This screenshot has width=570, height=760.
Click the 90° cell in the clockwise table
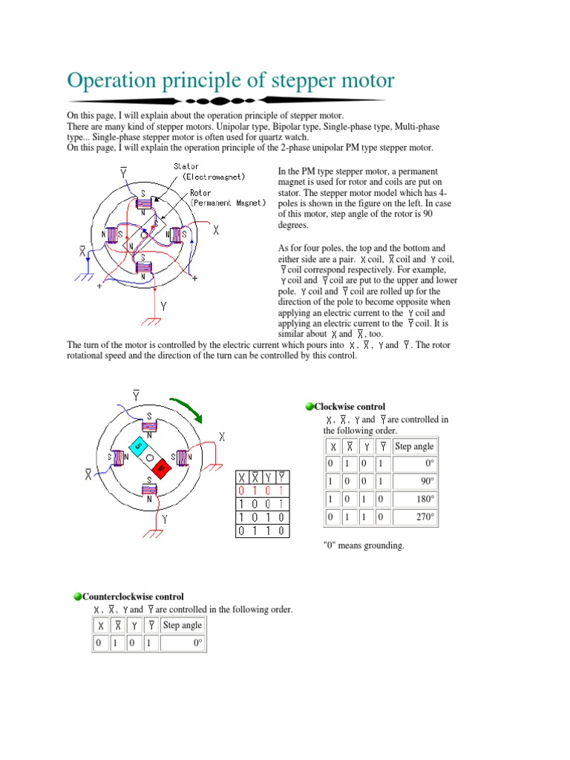click(x=415, y=481)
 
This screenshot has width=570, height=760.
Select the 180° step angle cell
click(x=415, y=499)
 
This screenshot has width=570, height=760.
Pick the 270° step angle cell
click(x=415, y=517)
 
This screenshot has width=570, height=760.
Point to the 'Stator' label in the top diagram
click(x=187, y=167)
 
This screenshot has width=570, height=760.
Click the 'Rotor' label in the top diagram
click(x=200, y=192)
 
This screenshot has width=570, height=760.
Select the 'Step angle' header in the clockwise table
click(x=415, y=446)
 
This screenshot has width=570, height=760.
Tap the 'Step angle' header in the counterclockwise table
click(x=182, y=625)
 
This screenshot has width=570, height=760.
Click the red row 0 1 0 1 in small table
click(x=263, y=491)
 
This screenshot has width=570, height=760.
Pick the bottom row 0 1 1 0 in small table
click(x=263, y=530)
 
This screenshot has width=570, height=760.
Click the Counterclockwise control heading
click(x=133, y=597)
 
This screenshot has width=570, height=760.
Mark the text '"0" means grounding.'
click(x=364, y=546)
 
